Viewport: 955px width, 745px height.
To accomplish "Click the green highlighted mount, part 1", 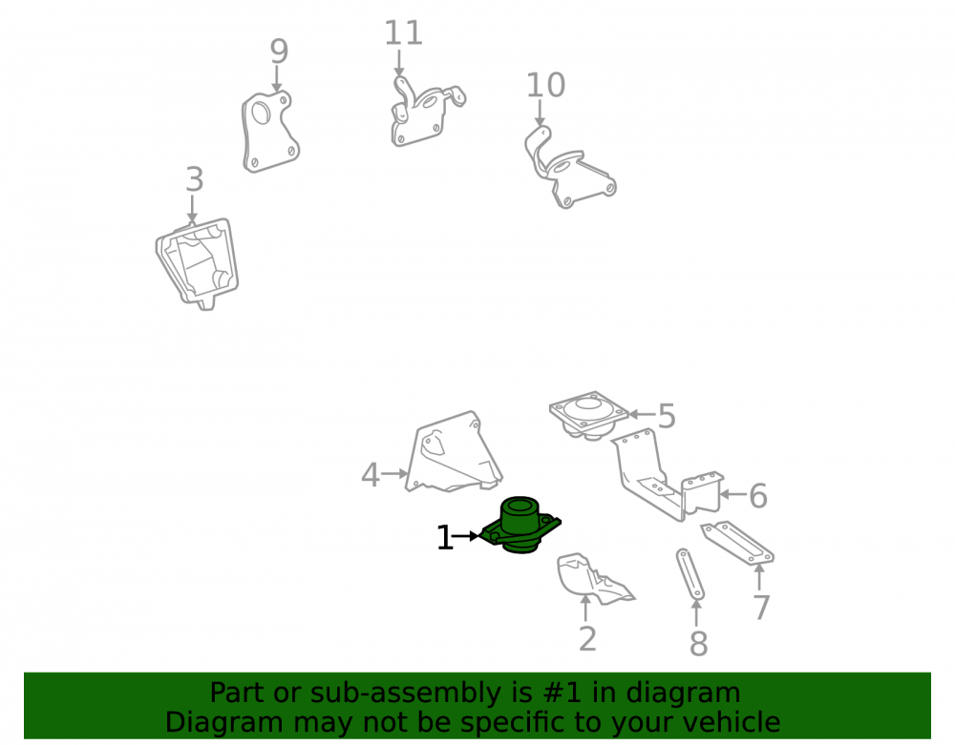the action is pyautogui.click(x=520, y=526).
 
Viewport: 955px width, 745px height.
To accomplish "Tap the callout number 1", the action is pyautogui.click(x=445, y=538).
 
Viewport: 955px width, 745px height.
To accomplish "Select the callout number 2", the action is pyautogui.click(x=587, y=638).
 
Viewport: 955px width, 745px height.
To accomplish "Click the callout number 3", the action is pyautogui.click(x=194, y=179).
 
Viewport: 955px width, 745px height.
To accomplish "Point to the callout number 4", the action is pyautogui.click(x=371, y=475).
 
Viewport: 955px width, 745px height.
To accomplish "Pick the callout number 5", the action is pyautogui.click(x=667, y=417).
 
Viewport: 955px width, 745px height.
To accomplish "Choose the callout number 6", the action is pyautogui.click(x=757, y=496).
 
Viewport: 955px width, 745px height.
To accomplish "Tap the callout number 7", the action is pyautogui.click(x=761, y=608).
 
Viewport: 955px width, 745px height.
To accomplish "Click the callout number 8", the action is pyautogui.click(x=699, y=644).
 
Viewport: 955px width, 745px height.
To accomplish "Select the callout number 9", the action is pyautogui.click(x=279, y=52).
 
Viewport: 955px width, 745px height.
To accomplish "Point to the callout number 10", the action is pyautogui.click(x=545, y=85).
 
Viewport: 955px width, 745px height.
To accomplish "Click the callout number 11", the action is pyautogui.click(x=403, y=32).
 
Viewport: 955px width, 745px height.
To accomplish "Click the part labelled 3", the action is pyautogui.click(x=198, y=264).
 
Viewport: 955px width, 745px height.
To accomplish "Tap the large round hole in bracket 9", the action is pyautogui.click(x=262, y=113).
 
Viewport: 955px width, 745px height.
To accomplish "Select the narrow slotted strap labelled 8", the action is pyautogui.click(x=690, y=574).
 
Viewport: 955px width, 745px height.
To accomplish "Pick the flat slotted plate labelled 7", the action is pyautogui.click(x=737, y=543).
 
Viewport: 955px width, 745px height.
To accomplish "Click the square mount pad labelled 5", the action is pyautogui.click(x=588, y=414).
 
